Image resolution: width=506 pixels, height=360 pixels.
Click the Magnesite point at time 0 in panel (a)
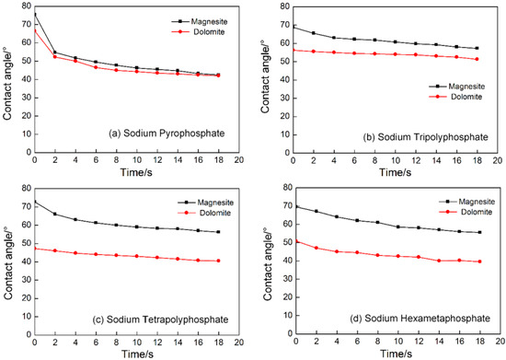pos(34,16)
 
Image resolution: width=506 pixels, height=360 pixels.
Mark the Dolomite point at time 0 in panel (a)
pos(34,30)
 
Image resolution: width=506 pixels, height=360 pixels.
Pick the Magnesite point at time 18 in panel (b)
pos(476,48)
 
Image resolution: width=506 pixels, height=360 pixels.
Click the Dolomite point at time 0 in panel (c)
pos(34,248)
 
